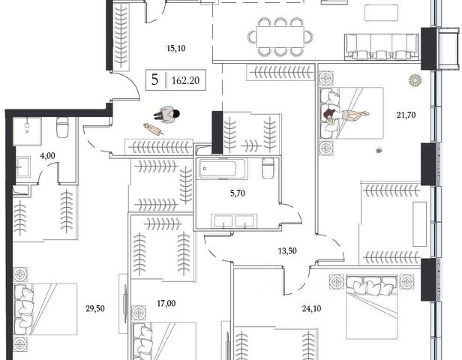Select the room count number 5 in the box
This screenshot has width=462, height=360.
point(154,79)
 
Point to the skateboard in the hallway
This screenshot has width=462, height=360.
point(153,131)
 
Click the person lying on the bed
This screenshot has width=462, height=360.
point(346,114)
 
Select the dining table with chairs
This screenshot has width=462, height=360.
point(280,37)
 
